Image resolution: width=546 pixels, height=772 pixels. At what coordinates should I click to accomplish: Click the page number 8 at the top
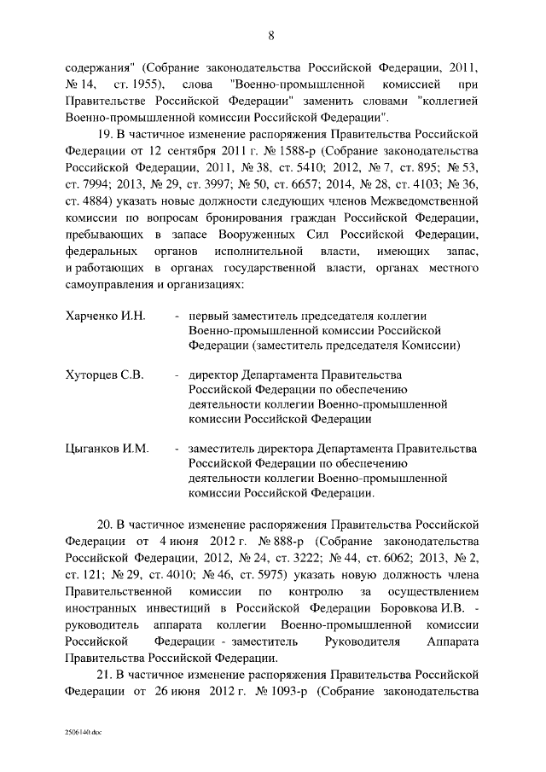272,35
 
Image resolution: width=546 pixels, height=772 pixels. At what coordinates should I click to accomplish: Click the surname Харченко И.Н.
106,316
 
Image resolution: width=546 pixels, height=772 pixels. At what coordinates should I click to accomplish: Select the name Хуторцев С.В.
105,374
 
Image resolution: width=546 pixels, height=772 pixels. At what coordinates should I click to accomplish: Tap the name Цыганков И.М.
107,448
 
